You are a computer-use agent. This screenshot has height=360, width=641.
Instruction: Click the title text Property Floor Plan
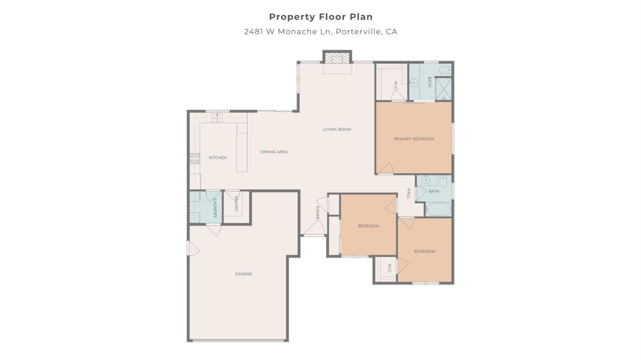click(320, 17)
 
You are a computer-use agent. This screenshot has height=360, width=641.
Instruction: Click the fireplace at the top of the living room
click(337, 58)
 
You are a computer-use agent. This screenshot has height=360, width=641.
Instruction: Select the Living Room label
click(337, 129)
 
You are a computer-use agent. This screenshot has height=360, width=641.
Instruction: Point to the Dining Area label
click(274, 152)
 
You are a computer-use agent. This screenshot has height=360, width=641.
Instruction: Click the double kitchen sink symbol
click(217, 118)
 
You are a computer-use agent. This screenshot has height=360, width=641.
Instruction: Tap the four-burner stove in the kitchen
click(194, 159)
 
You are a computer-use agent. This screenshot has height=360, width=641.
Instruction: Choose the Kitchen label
click(218, 158)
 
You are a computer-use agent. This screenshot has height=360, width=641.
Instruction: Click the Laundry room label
click(215, 208)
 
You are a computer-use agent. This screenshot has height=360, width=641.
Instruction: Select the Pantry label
click(235, 204)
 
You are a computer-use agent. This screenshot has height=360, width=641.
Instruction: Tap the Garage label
click(244, 274)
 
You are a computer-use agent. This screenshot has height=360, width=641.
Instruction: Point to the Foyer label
click(318, 213)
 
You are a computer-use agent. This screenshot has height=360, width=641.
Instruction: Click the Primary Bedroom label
click(414, 139)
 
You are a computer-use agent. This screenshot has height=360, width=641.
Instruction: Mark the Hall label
click(409, 193)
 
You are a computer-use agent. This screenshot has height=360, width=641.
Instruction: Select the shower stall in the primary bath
click(443, 89)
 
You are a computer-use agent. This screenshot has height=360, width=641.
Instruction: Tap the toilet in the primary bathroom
click(445, 69)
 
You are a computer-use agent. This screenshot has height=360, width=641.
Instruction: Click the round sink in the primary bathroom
click(413, 83)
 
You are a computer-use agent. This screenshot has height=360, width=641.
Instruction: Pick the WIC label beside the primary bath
click(396, 86)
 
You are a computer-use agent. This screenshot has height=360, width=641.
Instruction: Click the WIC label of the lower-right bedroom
click(389, 269)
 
